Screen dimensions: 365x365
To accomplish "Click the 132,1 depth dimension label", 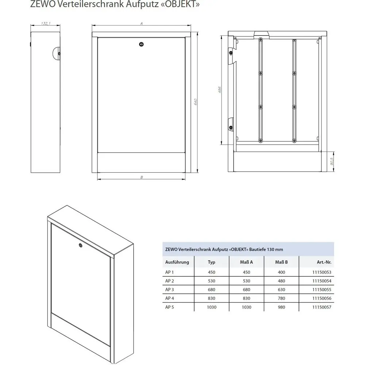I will pyautogui.click(x=45, y=23).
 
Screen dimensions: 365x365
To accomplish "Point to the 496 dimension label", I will pyautogui.click(x=219, y=90).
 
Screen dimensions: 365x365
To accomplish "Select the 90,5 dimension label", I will pyautogui.click(x=332, y=161).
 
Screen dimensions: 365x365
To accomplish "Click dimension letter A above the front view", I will pyautogui.click(x=141, y=23).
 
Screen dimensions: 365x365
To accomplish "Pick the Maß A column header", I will pyautogui.click(x=247, y=262).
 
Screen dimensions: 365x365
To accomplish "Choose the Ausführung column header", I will pyautogui.click(x=177, y=262).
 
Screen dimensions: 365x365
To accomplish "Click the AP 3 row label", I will pyautogui.click(x=170, y=289).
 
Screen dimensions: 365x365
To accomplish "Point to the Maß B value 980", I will pyautogui.click(x=282, y=307).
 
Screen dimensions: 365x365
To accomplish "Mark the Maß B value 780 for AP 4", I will pyautogui.click(x=282, y=298).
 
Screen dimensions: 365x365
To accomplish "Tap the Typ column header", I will pyautogui.click(x=211, y=262).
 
